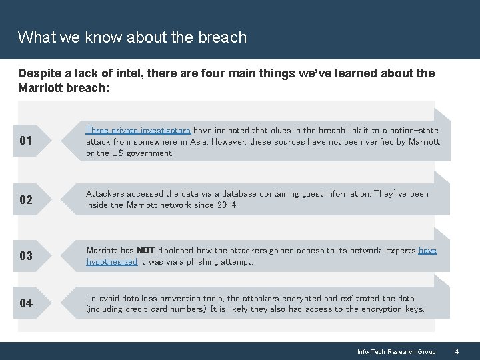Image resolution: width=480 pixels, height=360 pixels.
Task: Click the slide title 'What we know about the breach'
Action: pos(132,37)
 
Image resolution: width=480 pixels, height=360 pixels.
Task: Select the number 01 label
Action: pos(26,141)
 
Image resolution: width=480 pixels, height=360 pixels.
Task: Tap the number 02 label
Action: pos(26,200)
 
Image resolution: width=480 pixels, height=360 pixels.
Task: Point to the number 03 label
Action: pos(26,256)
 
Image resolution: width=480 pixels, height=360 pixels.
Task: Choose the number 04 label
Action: pos(26,303)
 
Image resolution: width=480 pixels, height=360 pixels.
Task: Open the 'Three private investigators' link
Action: pos(138,131)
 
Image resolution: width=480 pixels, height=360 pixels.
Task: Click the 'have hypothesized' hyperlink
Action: pos(112,262)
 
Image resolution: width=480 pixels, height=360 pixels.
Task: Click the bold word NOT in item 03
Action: pos(145,251)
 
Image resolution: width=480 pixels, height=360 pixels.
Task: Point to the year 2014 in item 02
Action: pos(227,205)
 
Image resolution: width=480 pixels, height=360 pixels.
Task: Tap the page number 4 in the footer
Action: pos(457,351)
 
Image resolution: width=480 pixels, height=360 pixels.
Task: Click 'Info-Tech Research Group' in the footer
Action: pos(396,351)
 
